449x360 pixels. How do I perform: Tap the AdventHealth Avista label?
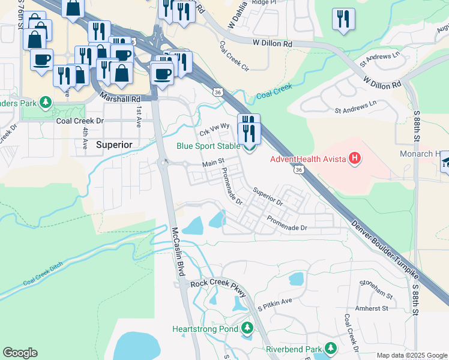pyautogui.click(x=307, y=159)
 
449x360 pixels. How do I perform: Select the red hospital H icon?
pyautogui.click(x=355, y=159)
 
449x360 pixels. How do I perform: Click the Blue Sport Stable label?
pyautogui.click(x=207, y=146)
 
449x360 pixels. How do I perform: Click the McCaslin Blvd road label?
pyautogui.click(x=179, y=251)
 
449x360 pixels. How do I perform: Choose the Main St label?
pyautogui.click(x=212, y=163)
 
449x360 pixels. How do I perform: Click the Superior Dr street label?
pyautogui.click(x=268, y=199)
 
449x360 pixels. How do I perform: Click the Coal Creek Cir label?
pyautogui.click(x=234, y=56)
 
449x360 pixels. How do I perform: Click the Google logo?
pyautogui.click(x=20, y=353)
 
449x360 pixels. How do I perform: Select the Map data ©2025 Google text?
pyautogui.click(x=411, y=355)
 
